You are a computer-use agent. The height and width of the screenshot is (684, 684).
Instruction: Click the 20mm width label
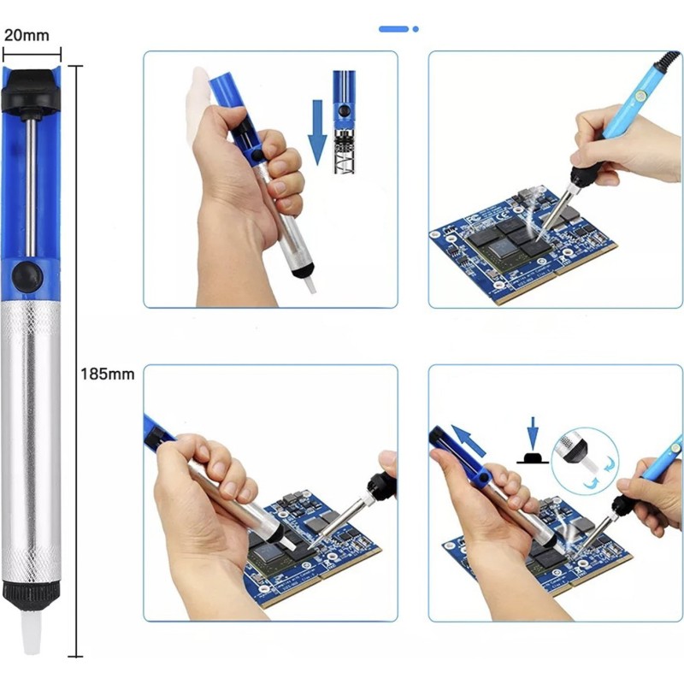coord(27,35)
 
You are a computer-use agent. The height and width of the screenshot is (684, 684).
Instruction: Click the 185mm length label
coord(108,374)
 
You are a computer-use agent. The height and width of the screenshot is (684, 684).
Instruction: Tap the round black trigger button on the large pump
coord(27,275)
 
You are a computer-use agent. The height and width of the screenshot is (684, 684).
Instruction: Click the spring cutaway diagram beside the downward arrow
coord(345,122)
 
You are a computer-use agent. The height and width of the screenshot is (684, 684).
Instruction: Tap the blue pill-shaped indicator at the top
coord(393,29)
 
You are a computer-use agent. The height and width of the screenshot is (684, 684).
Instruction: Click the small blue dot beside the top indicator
coord(416,29)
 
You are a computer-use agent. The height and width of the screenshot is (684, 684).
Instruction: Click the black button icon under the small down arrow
coord(532,458)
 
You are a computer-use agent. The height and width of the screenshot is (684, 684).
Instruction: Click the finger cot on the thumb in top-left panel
coord(197,104)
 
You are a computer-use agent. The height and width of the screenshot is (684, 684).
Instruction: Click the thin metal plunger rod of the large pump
coord(30,187)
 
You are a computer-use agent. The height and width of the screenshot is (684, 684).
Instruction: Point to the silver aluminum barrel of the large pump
coord(31,440)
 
